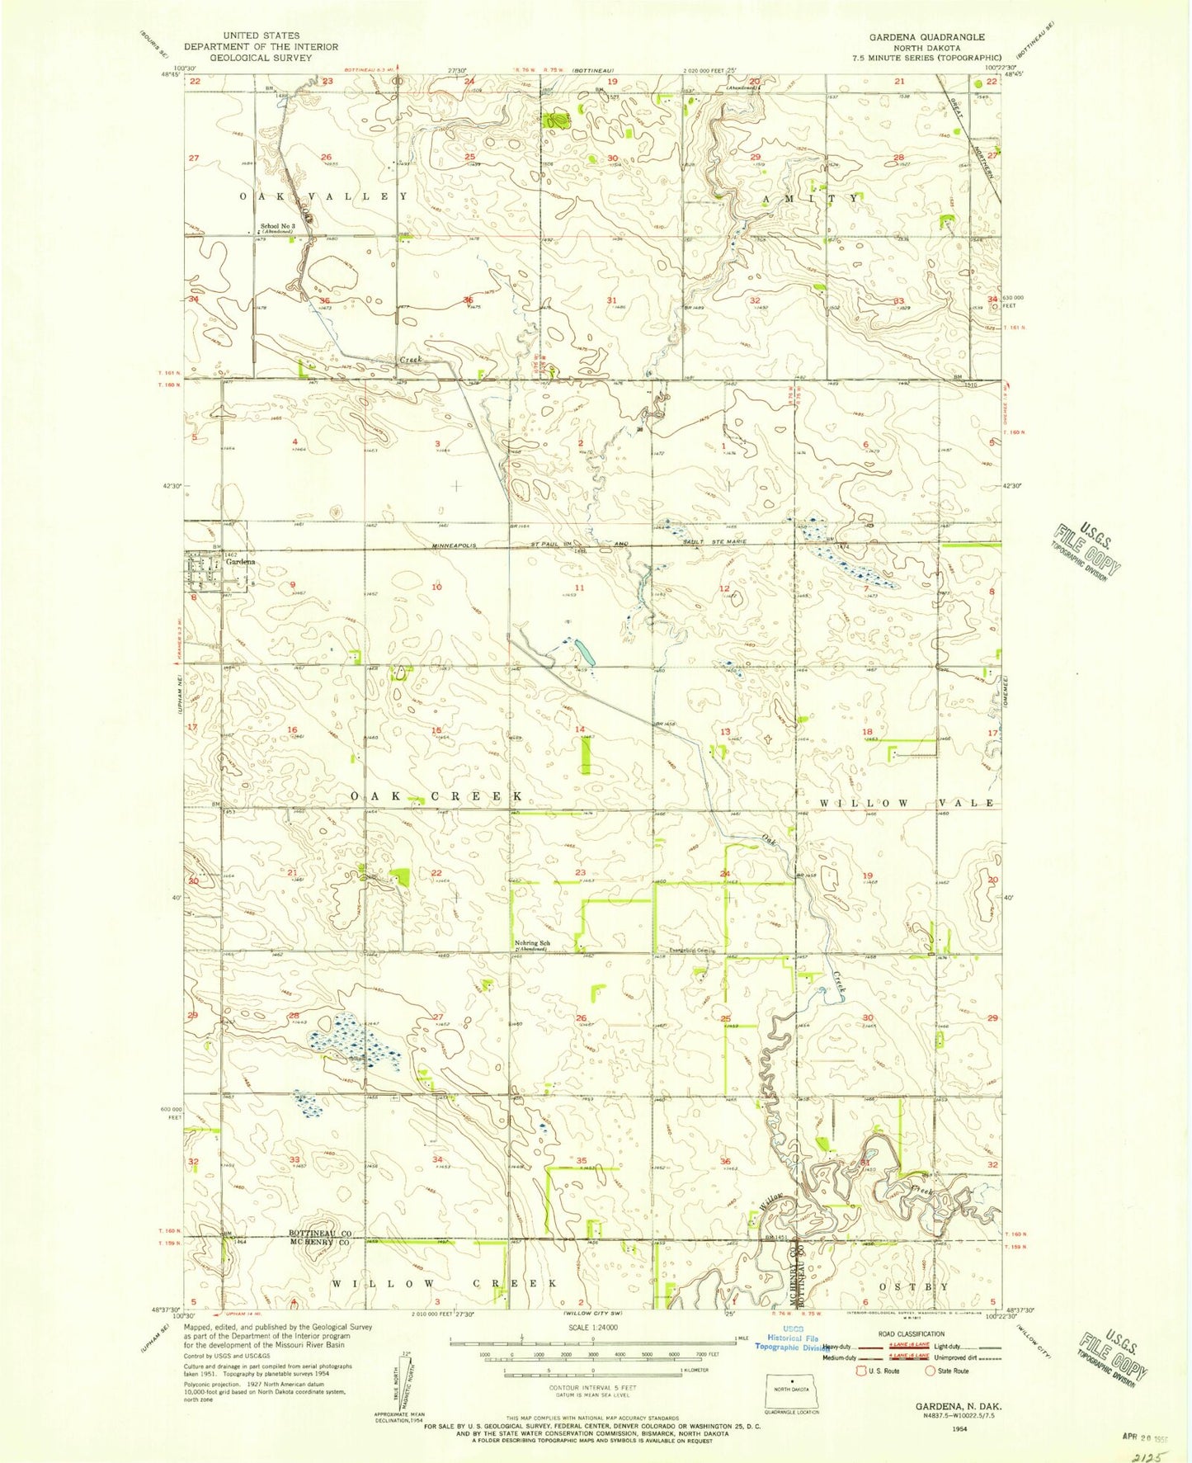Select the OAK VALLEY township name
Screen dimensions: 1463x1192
(x=323, y=196)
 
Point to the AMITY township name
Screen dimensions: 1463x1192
(x=809, y=199)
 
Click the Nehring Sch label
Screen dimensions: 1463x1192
(x=531, y=942)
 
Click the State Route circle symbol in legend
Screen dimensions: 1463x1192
(x=931, y=1371)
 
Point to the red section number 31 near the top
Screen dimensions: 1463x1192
(x=611, y=300)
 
